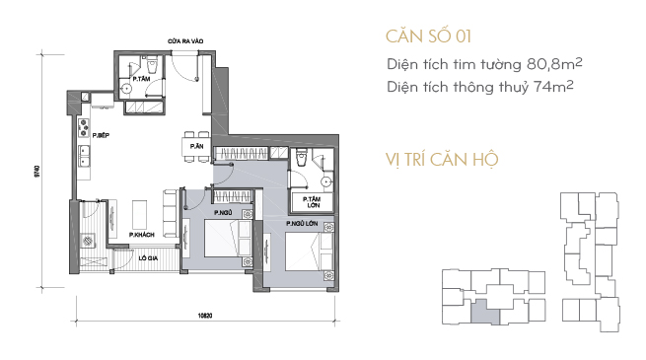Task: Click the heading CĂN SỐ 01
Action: pos(428,36)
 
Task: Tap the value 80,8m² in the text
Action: pos(554,64)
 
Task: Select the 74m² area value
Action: pos(553,87)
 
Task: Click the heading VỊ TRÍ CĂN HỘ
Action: pos(442,160)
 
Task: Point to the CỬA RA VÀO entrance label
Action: pos(185,41)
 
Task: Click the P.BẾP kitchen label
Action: pos(101,135)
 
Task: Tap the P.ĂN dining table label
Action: pos(196,146)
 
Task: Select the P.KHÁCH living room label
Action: pos(142,235)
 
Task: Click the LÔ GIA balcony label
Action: pos(148,258)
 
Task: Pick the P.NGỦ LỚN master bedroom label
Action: pos(302,223)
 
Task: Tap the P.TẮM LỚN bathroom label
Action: pos(312,202)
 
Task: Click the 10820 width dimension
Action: pos(205,316)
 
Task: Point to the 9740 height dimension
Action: pos(37,171)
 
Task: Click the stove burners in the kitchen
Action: pos(84,127)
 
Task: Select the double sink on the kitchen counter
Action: pos(84,156)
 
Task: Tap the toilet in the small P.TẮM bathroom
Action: pos(152,64)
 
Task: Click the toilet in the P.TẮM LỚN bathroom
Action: pos(302,157)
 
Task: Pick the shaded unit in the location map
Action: pos(485,311)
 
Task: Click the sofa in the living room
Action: pos(171,213)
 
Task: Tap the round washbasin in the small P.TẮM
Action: pos(126,88)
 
